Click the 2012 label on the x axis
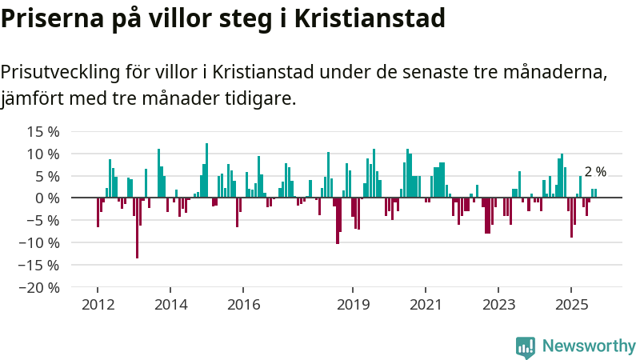[98, 305]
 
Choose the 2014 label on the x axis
[170, 305]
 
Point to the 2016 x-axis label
[244, 305]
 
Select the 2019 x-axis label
[353, 305]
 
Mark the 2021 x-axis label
[426, 305]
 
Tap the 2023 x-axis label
[499, 305]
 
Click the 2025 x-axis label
[572, 305]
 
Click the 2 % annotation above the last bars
[595, 172]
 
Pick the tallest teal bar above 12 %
[206, 170]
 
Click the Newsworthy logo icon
[526, 346]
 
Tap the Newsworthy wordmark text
[589, 346]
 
